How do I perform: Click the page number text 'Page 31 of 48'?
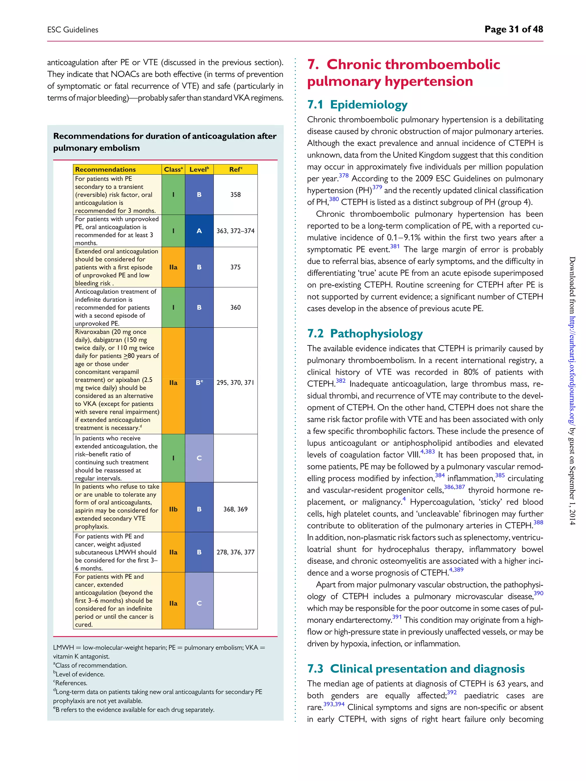click(x=513, y=29)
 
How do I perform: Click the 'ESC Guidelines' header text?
click(x=73, y=30)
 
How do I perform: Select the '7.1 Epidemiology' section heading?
click(x=357, y=104)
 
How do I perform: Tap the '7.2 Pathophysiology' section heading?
click(x=365, y=333)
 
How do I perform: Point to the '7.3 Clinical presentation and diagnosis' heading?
click(x=415, y=668)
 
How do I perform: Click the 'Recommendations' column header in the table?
click(x=105, y=170)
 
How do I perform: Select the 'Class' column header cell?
click(x=173, y=170)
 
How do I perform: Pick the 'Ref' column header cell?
click(x=235, y=170)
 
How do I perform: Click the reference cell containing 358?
click(x=235, y=194)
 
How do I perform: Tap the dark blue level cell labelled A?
click(x=199, y=231)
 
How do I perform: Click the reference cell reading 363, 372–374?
click(x=235, y=231)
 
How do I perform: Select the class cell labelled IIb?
click(x=173, y=509)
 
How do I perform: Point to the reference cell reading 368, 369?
click(x=235, y=509)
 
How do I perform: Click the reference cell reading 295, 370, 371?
click(x=235, y=382)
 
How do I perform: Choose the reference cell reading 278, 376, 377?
click(x=235, y=552)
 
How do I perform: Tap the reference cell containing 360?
click(x=235, y=307)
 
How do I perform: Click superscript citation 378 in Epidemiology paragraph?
click(x=343, y=176)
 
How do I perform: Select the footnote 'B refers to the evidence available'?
click(x=134, y=710)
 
